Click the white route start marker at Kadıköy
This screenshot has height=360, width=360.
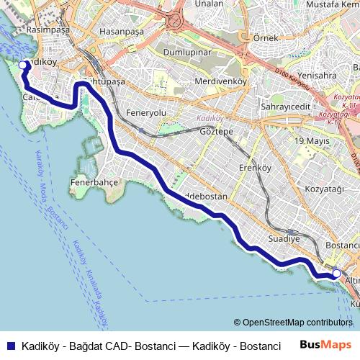(23, 66)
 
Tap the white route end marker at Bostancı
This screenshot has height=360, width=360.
(336, 274)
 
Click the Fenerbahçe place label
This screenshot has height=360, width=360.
(94, 183)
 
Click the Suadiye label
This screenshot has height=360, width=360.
(283, 238)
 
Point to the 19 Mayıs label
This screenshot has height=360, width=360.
(311, 140)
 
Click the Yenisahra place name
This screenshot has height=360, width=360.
(318, 75)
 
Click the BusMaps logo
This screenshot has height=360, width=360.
(326, 345)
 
